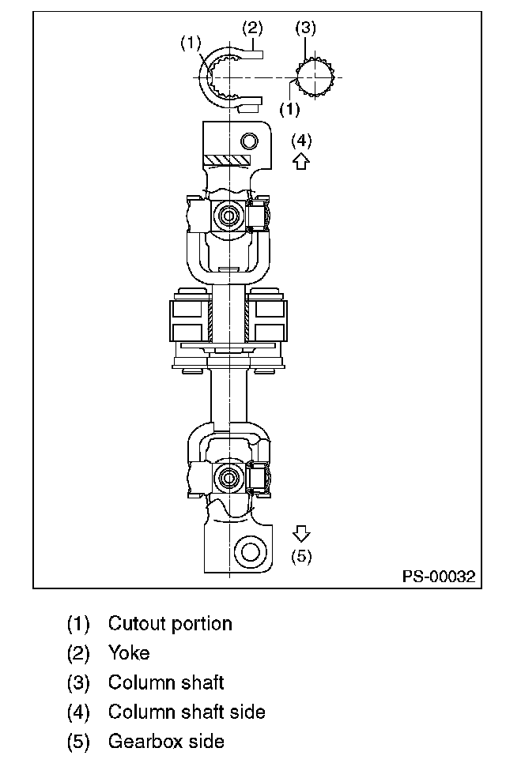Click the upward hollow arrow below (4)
tap(301, 160)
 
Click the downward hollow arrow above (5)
tap(301, 533)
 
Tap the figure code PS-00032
tap(438, 577)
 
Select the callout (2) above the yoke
tap(252, 28)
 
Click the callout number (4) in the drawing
tap(301, 141)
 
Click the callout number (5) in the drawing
tap(301, 556)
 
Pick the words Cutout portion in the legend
tap(170, 624)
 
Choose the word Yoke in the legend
tap(129, 653)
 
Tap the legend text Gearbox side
tap(166, 741)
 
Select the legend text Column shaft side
tap(187, 712)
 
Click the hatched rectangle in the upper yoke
tap(227, 160)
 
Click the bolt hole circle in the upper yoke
tap(250, 141)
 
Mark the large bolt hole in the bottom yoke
tap(251, 552)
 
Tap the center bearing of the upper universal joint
tap(228, 215)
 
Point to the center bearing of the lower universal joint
tap(228, 478)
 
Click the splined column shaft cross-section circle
tap(315, 77)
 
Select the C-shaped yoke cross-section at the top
tap(231, 77)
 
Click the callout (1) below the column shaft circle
tap(290, 108)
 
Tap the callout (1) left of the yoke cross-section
tap(191, 43)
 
